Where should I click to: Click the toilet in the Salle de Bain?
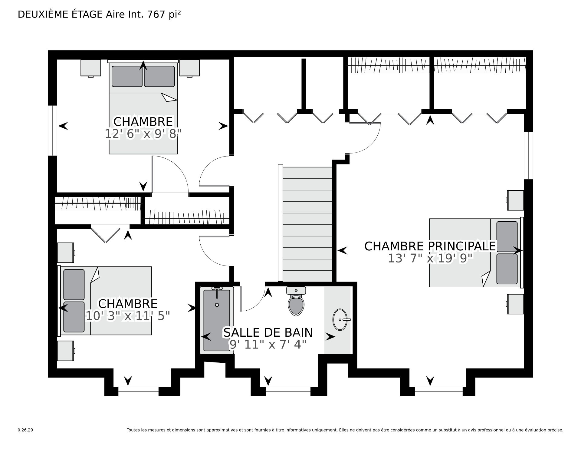coord(296,301)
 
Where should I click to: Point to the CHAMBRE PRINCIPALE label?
coord(430,246)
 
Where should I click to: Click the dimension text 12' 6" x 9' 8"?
coord(143,134)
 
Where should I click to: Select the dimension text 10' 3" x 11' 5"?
coord(128,316)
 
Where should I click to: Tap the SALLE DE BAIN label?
coord(268,332)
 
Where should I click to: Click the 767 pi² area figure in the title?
coord(164,14)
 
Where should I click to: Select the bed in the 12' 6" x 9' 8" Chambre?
coord(143,107)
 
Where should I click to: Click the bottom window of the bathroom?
coord(288,391)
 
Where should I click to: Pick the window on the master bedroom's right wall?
coord(528,155)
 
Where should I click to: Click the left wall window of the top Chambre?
coord(53,130)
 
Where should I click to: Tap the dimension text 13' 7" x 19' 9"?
coord(430,258)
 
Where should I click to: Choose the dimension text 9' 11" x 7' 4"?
coord(268,344)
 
